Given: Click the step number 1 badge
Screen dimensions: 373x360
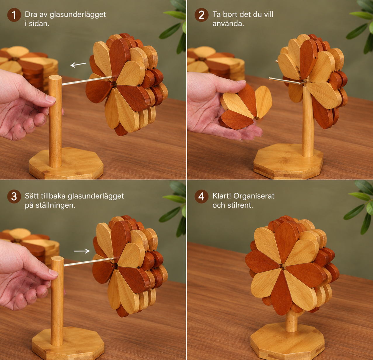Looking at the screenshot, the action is pos(14,15).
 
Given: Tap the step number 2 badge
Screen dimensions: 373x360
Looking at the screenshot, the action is pos(202,15).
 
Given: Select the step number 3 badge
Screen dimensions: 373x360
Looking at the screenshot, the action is pos(14,197).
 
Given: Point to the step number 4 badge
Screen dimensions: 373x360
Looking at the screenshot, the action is pos(202,197).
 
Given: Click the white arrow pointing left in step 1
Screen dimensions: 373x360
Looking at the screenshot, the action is pos(78,65).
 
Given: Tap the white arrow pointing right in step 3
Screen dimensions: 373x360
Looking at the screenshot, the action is pos(82,251).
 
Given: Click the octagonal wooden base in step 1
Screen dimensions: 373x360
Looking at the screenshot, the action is pos(66,163).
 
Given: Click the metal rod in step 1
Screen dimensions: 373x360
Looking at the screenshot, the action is pos(87,81).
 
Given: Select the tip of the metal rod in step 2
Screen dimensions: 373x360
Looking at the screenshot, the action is pos(270,78).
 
